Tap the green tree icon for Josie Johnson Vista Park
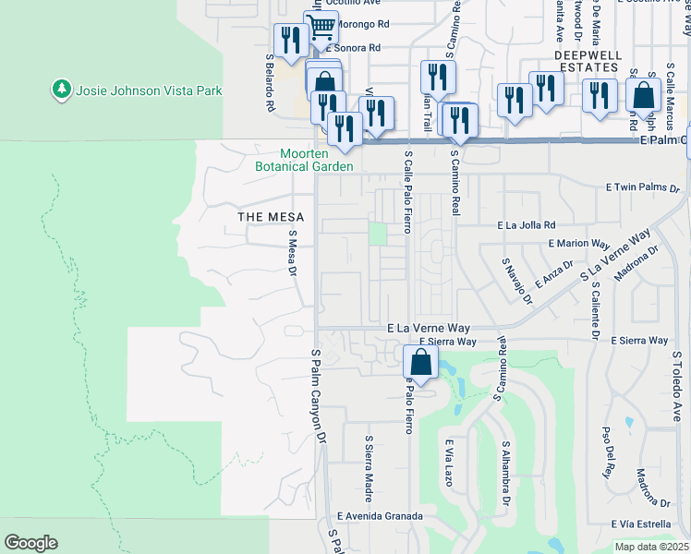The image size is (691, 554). tap(63, 90)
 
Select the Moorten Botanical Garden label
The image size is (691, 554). tap(305, 161)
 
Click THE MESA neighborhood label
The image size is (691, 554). tap(265, 217)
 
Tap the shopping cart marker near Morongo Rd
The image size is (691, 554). tap(321, 28)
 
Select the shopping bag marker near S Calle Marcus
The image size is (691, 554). tap(644, 95)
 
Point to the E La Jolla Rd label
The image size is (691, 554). tap(527, 224)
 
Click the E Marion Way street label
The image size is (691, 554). tap(579, 244)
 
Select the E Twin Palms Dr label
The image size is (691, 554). tap(643, 187)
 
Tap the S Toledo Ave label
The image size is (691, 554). tap(677, 385)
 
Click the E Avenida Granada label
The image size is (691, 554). tap(373, 516)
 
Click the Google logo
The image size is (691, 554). tap(30, 542)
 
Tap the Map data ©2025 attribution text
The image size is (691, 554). tap(652, 547)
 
